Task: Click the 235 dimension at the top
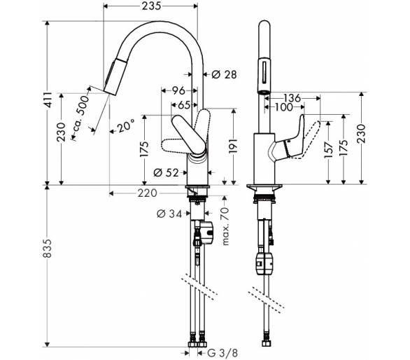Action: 151,6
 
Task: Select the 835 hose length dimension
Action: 48,248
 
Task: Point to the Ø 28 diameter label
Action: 224,75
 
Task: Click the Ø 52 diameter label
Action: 166,172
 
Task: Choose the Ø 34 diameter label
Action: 169,214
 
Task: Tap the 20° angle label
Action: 126,127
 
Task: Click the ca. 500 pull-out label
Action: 81,113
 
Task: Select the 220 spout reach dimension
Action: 148,193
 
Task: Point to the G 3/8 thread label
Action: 222,353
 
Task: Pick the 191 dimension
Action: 233,146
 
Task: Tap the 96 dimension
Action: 178,90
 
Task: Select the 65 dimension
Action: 184,105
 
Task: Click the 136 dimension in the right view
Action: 292,98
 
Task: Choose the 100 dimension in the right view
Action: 284,107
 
